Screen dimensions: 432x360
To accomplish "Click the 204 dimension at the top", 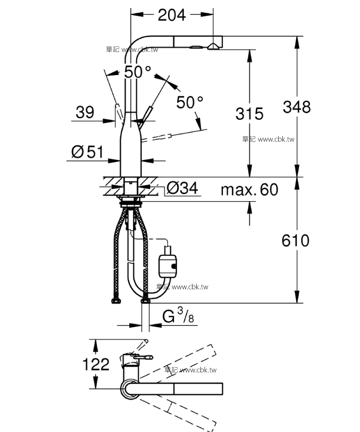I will point(172,15).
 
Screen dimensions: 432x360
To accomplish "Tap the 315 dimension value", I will point(248,113).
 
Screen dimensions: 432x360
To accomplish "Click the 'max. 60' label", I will point(249,189).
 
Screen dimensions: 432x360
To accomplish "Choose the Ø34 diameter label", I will point(182,188).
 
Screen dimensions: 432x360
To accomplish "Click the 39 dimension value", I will point(85,112).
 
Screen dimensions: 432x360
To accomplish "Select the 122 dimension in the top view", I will point(96,364).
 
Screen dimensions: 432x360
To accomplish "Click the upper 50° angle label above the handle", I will point(138,72).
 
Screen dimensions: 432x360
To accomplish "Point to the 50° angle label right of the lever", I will point(190,102).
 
